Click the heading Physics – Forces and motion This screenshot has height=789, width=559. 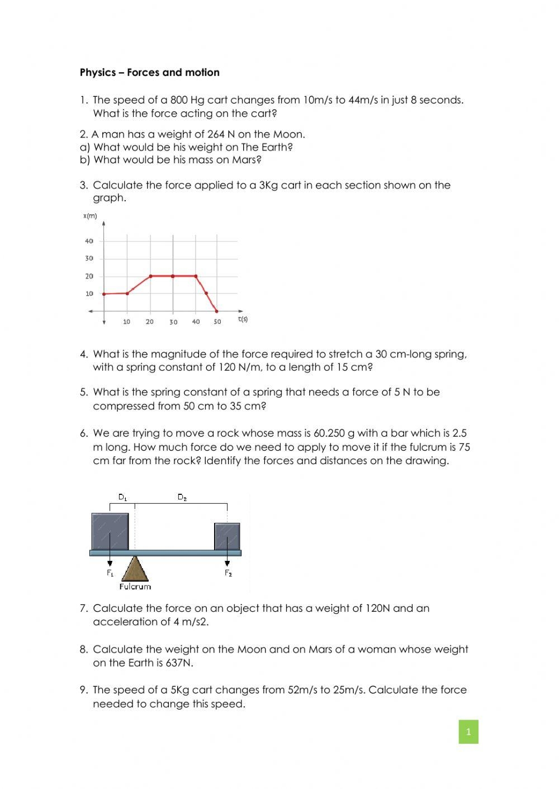[150, 72]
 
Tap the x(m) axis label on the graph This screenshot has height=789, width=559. [90, 216]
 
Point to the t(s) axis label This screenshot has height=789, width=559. [243, 319]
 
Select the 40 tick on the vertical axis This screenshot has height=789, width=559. [89, 241]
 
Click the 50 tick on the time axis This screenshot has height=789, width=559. [217, 322]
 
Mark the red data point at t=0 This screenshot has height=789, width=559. [104, 294]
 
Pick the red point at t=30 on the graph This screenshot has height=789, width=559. [173, 276]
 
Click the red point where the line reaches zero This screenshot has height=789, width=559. [217, 311]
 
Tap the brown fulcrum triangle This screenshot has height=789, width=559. [135, 569]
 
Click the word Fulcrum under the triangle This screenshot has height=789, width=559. [135, 587]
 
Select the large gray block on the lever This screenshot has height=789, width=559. [110, 531]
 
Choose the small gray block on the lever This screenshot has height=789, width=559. [228, 536]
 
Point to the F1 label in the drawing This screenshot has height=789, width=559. [110, 573]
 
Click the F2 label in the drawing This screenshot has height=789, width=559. [228, 573]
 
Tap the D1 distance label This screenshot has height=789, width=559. [122, 497]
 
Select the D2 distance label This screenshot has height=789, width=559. [182, 497]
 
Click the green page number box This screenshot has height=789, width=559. [468, 731]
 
